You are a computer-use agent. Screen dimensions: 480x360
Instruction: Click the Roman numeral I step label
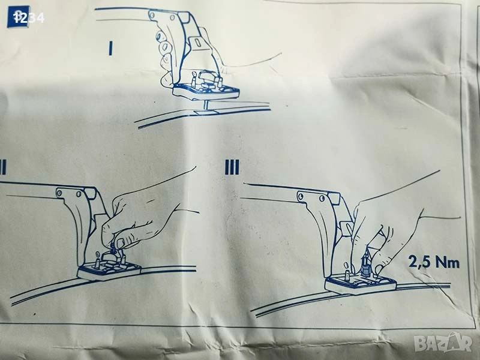point(110,49)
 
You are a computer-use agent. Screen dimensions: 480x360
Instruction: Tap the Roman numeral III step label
point(232,167)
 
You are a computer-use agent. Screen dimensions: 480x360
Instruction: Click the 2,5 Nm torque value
point(434,262)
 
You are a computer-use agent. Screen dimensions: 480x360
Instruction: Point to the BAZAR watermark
point(443,342)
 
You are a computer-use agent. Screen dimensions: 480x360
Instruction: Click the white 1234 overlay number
point(29,18)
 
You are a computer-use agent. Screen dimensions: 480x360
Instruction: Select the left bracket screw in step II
point(59,193)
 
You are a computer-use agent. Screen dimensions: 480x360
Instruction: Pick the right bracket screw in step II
point(79,194)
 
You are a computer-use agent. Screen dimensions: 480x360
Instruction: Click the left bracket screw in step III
point(301,196)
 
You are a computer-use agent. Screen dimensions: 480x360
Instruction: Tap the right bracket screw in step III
point(322,199)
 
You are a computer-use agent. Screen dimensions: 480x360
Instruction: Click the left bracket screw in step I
point(152,14)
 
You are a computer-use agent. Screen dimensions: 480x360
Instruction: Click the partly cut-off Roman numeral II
point(3,167)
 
